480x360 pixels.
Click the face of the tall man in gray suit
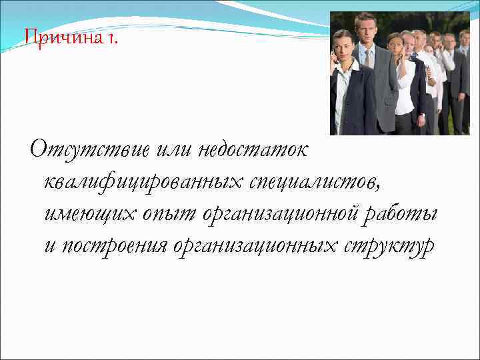click(x=366, y=30)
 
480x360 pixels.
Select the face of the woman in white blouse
click(x=396, y=45)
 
